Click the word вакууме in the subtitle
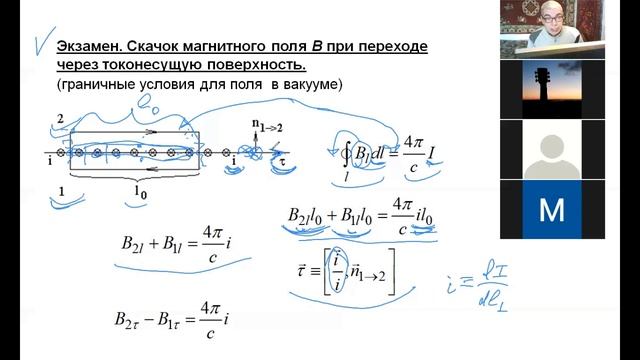[x=311, y=86]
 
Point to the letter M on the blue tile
[x=551, y=210]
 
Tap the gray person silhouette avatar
[x=552, y=151]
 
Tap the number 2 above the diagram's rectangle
[x=60, y=119]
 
